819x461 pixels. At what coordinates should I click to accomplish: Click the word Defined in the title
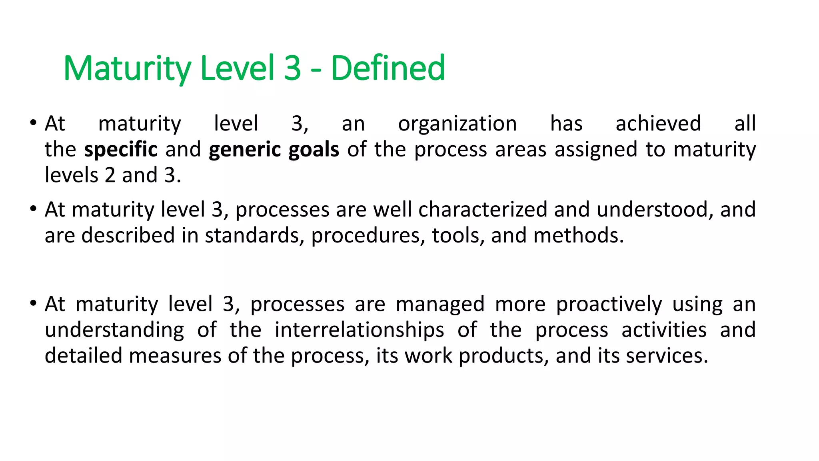pos(388,68)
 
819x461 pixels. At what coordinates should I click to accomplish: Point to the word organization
pos(457,124)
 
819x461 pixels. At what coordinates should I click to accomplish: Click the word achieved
pos(658,123)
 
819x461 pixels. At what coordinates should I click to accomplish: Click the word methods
pos(578,235)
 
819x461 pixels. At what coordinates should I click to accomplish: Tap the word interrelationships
pos(360,331)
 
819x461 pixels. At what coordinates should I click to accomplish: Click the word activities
pos(664,330)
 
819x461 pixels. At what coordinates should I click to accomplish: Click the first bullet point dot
pos(33,122)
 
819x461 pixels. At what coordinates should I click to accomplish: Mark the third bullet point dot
pos(33,303)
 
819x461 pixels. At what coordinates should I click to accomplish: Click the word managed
pos(440,305)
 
